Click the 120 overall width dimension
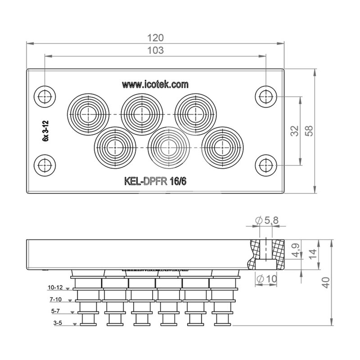pos(155,38)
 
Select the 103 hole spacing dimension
pos(155,50)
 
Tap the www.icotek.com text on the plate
pos(155,85)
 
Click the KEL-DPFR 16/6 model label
pos(155,181)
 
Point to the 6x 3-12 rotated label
pos(46,130)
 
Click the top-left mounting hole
pos(45,96)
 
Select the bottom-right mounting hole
pos(266,165)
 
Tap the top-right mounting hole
pos(266,96)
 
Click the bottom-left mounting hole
pos(45,165)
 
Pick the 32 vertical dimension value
pos(295,131)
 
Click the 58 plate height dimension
pos(309,131)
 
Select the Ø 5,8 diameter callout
pos(267,220)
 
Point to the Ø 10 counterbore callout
pos(267,279)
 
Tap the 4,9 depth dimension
pos(296,250)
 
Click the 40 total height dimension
pos(326,283)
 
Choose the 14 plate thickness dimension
pos(313,254)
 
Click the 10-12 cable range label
pos(55,287)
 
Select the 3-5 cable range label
pos(58,323)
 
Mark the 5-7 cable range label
pos(55,311)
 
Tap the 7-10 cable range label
pos(55,299)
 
